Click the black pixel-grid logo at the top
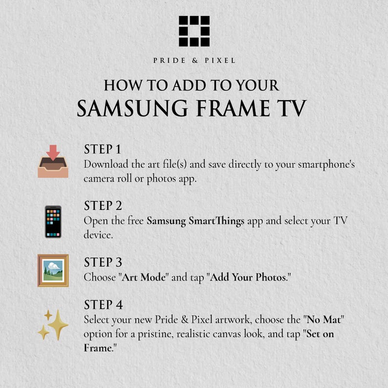[194, 31]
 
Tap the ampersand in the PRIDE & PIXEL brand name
[195, 61]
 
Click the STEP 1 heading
[103, 149]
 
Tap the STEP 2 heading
[103, 206]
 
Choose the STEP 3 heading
[103, 262]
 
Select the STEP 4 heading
[104, 304]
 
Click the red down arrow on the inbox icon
[53, 151]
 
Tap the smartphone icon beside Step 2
[53, 222]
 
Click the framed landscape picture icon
[53, 270]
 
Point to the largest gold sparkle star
[58, 324]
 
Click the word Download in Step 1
[106, 164]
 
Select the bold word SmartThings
[216, 221]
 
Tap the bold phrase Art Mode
[144, 278]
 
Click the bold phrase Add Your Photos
[248, 278]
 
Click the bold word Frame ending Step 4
[98, 348]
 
